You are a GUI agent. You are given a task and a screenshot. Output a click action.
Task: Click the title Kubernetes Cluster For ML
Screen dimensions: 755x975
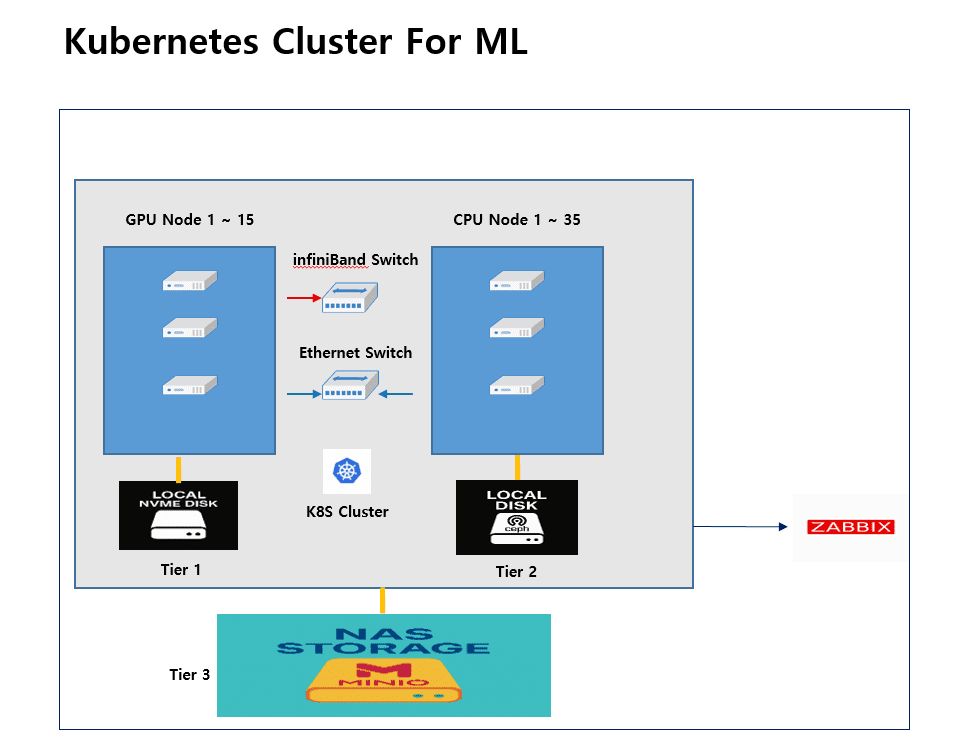(295, 42)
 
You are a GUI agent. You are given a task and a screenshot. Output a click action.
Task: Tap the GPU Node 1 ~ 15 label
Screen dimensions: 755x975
(189, 220)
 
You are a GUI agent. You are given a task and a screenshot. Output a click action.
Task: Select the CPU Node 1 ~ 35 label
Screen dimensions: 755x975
(516, 220)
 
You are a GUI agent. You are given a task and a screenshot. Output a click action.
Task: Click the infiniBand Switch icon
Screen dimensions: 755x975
(351, 296)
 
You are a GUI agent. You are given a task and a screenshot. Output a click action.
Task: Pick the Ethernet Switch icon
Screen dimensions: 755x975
(351, 387)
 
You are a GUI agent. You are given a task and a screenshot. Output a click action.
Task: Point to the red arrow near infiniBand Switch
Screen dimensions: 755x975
(300, 298)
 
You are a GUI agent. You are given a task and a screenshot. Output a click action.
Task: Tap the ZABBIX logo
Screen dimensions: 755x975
(850, 527)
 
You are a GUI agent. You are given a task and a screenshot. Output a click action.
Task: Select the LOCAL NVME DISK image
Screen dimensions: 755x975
(178, 515)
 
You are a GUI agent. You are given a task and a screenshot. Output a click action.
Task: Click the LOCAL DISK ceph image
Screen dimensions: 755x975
(516, 517)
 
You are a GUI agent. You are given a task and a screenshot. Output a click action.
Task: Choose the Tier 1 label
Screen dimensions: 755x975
(180, 570)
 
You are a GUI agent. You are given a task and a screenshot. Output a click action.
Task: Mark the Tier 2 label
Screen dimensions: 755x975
(516, 572)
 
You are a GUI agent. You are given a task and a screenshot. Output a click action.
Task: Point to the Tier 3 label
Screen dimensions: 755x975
(189, 675)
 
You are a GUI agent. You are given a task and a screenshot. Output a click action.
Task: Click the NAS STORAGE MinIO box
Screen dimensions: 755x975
(383, 665)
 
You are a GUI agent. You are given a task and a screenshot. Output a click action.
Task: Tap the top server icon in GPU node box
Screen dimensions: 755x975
(190, 283)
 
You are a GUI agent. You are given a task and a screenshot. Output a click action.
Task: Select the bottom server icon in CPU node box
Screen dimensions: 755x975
(516, 385)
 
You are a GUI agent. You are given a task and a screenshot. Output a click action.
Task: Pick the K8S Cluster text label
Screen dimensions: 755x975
(347, 511)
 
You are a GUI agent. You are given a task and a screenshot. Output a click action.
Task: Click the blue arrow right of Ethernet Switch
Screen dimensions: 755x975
(397, 394)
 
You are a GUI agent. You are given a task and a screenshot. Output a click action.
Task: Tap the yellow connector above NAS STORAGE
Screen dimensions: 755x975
(382, 601)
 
